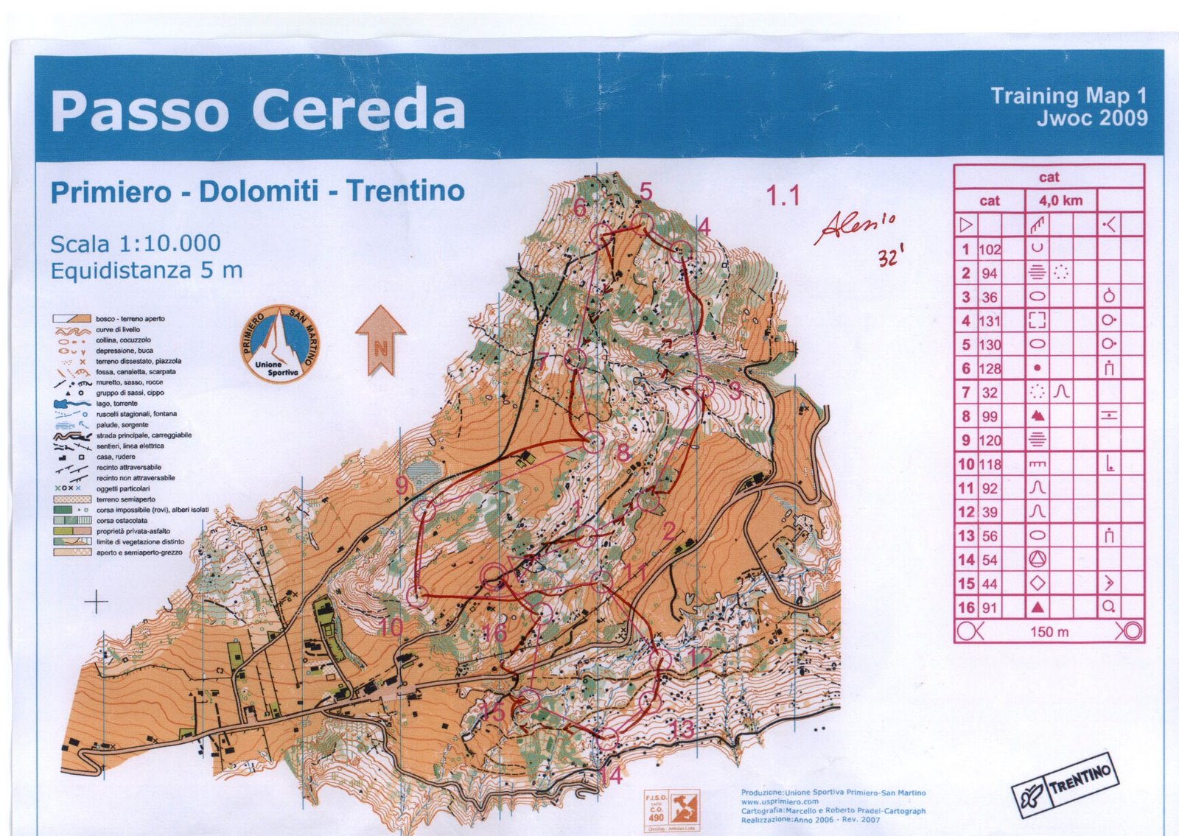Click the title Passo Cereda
coord(258,110)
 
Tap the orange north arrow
coord(381,340)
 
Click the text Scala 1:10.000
coord(135,244)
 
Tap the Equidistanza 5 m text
coord(146,271)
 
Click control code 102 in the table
coord(990,249)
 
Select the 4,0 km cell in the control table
coord(1060,200)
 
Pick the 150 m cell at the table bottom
coord(1049,632)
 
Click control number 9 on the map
coord(402,485)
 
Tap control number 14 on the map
coord(611,775)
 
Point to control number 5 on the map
coord(646,192)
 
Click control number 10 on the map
coord(391,628)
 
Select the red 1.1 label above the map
coord(783,196)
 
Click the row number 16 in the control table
coord(966,608)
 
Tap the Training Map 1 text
coord(1068,96)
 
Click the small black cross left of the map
coord(96,602)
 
